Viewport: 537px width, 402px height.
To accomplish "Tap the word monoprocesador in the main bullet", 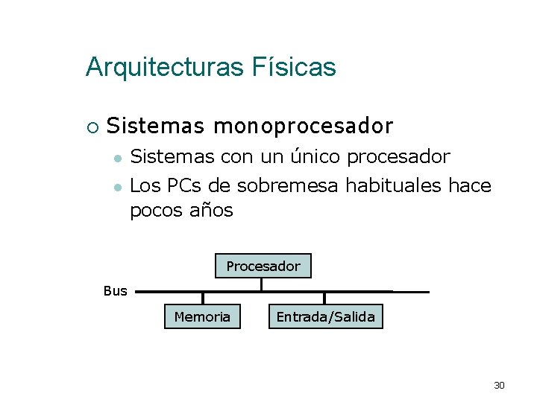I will [303, 127].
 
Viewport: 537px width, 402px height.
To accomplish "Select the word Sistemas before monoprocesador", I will [155, 127].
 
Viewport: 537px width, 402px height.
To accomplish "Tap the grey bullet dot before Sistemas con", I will [116, 159].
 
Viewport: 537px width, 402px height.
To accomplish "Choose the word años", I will [213, 211].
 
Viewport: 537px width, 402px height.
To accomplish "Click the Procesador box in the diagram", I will [263, 266].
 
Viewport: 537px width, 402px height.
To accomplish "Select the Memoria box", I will [202, 316].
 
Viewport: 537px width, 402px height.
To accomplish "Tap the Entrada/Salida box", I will [325, 316].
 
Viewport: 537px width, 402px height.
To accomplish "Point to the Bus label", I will [116, 291].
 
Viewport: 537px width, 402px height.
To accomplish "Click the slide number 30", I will [499, 385].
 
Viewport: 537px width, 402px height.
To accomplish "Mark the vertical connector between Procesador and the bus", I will [261, 284].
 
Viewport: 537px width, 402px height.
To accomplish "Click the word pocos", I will [157, 211].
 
